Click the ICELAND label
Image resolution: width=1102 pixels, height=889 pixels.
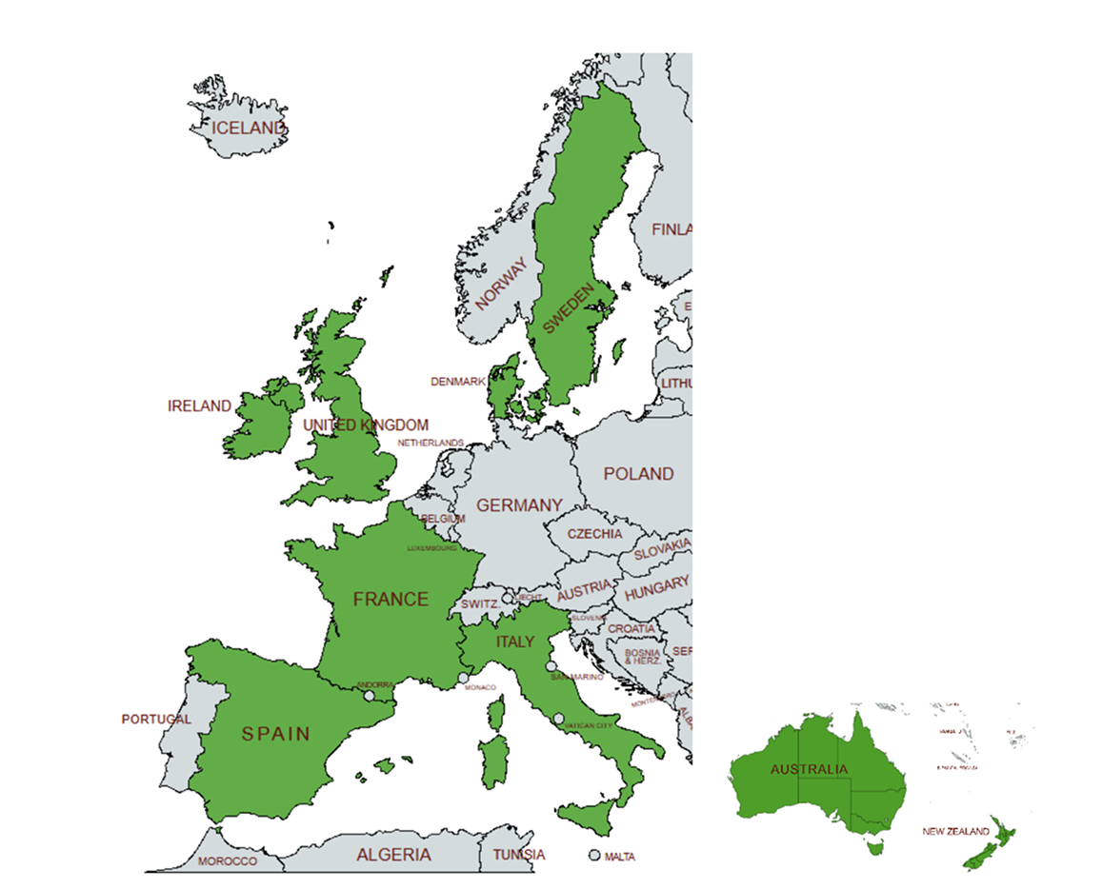pos(249,128)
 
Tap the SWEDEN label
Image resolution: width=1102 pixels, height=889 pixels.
pos(569,307)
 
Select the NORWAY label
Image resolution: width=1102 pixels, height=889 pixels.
pos(501,285)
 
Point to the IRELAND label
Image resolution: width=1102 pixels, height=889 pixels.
pos(199,406)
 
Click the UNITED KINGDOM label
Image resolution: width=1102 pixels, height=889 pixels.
pos(366,425)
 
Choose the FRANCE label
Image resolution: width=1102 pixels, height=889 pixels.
pos(391,600)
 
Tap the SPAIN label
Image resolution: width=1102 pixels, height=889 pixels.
pos(275,734)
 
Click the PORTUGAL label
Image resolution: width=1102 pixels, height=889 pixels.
pos(156,720)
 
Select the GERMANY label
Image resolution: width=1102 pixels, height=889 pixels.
pos(519,505)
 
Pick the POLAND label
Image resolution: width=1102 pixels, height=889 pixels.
pos(638,474)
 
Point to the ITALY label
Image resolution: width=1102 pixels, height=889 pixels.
pos(515,642)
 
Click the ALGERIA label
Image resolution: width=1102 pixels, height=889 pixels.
pos(393,855)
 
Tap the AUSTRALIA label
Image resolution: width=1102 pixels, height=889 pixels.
pos(809,769)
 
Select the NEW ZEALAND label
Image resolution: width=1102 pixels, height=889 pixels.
pos(955,832)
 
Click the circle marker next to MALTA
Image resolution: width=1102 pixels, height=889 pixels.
pos(595,856)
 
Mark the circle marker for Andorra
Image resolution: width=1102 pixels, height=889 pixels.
pos(369,696)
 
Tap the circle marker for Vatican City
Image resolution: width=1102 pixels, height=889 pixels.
pos(558,719)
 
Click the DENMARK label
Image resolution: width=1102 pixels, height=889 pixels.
pos(458,382)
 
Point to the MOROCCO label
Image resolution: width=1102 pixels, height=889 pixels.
pos(228,861)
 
